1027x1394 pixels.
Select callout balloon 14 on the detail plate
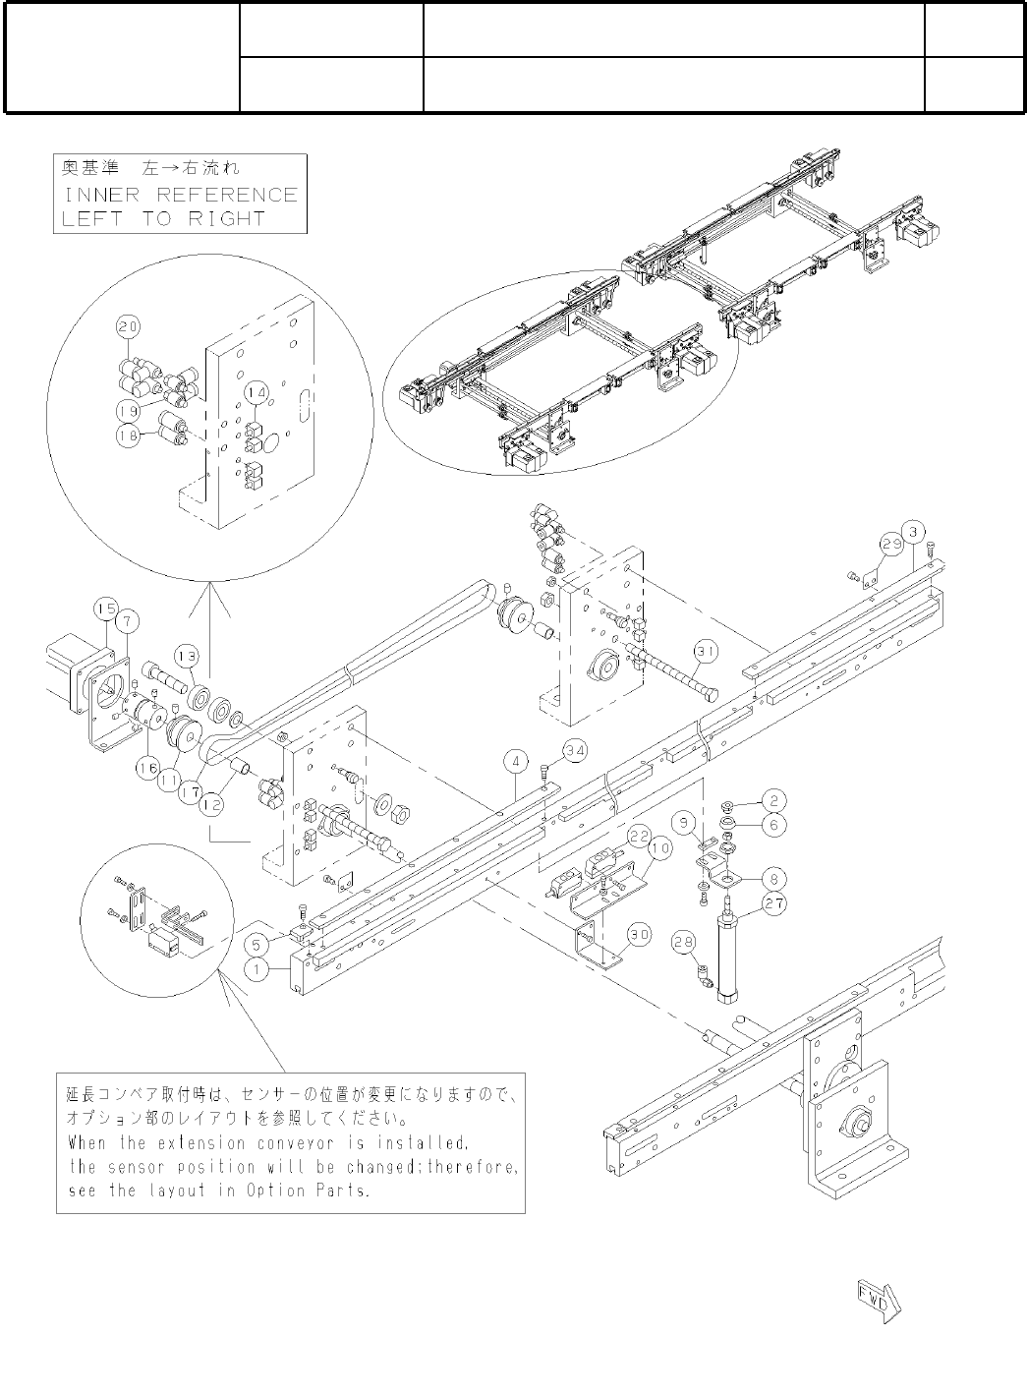pos(257,391)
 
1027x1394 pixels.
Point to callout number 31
pos(704,650)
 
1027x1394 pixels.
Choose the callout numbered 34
pos(575,751)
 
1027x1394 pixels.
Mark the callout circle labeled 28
pos(685,944)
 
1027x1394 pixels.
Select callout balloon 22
pos(640,834)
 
